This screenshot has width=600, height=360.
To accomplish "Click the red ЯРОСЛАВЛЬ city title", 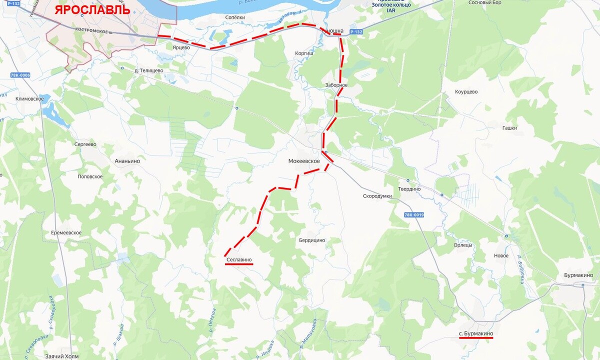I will tap(92, 9).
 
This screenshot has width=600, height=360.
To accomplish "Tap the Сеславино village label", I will tap(239, 260).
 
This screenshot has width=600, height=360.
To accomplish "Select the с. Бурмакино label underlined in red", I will tap(476, 333).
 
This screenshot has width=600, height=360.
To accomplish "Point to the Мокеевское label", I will tap(304, 161).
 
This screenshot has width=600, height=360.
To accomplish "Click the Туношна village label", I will tap(332, 31).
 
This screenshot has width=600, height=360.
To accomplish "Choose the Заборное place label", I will tap(335, 85).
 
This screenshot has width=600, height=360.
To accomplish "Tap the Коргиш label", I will tap(304, 52).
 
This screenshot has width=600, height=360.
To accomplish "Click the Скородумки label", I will tap(377, 196).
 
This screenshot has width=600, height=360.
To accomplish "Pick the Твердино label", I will tap(409, 189).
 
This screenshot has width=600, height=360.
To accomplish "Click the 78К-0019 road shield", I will tap(414, 215).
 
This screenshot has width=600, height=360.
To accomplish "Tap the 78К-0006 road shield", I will tap(20, 75).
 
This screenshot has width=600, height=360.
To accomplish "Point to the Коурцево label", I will tap(466, 92).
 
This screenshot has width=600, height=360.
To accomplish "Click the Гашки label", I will tap(509, 128).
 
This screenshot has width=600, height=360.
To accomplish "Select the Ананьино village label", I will tap(127, 161).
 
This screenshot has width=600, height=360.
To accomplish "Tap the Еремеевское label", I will tap(66, 233).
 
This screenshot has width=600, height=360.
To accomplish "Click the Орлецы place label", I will tap(462, 245).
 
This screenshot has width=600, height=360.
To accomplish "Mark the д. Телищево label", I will tap(149, 70).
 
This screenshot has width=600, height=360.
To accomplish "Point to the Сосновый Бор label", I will tap(484, 2).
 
